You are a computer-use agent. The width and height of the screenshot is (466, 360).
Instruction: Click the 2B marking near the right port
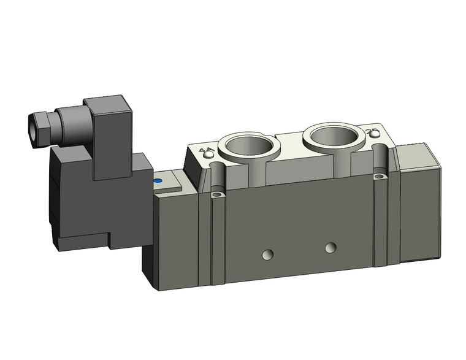[370, 133]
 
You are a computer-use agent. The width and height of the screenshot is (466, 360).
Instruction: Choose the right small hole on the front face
[331, 247]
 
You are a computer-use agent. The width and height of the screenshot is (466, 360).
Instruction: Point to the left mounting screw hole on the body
[215, 196]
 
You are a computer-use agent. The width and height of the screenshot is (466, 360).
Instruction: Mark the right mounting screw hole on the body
[378, 177]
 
